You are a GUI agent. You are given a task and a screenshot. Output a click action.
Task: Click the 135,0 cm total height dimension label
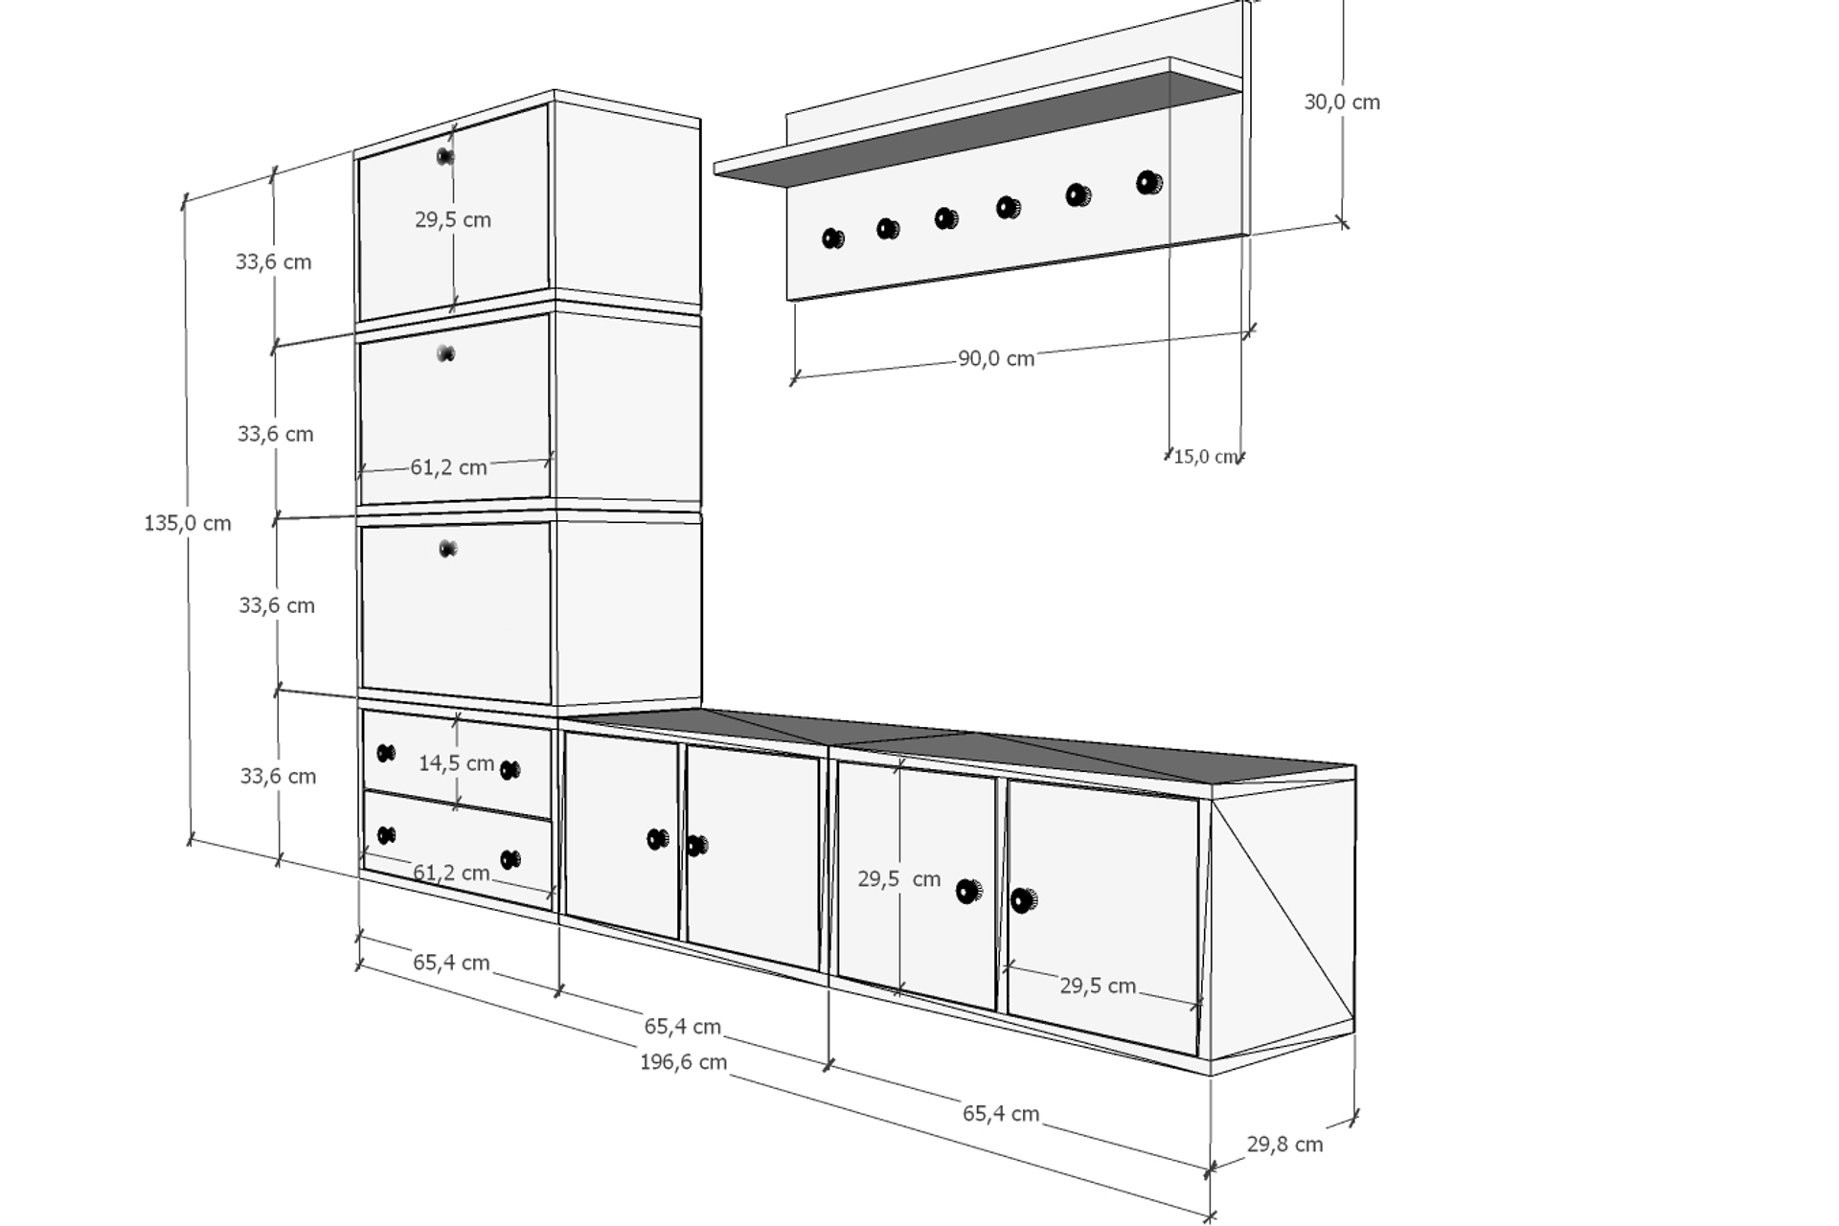coord(188,523)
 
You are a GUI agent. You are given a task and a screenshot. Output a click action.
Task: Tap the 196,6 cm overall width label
coord(683,1061)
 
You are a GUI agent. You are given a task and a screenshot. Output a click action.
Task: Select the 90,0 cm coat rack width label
coord(996,358)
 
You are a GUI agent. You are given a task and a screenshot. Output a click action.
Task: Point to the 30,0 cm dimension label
coord(1342,102)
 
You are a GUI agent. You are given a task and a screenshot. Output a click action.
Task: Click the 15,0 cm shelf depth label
coord(1205,457)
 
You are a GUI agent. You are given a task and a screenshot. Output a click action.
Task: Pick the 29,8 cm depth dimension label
coord(1284,1144)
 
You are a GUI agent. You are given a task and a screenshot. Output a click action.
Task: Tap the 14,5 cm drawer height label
coord(457,763)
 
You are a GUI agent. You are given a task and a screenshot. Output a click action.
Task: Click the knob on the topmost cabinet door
coord(445,156)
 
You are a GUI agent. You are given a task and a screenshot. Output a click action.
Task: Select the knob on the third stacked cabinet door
coord(447,549)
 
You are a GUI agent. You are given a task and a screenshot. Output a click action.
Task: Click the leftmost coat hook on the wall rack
coord(833,238)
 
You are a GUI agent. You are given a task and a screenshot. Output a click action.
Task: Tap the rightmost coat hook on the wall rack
coord(1149,182)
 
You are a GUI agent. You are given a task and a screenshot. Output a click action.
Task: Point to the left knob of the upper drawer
coord(386,753)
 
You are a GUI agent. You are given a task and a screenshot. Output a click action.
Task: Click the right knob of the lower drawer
coord(511,859)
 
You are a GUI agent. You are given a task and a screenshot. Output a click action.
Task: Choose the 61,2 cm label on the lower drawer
coord(451,873)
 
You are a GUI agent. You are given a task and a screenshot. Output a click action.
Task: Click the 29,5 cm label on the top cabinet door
coord(453,219)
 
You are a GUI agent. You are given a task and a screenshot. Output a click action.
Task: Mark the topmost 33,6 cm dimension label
coord(274,261)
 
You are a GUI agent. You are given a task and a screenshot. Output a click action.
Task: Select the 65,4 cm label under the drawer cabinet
coord(451,962)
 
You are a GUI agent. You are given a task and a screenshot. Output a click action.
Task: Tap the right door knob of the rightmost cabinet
coord(1024,900)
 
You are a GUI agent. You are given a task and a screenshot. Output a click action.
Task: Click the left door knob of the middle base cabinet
coord(658,839)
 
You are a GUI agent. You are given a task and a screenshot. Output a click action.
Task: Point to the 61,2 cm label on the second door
coord(449,467)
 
